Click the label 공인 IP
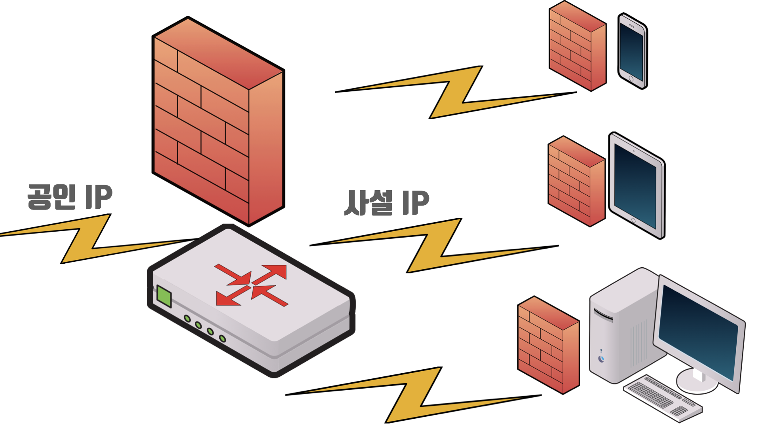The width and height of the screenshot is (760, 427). tap(70, 196)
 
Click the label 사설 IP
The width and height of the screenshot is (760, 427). tap(387, 203)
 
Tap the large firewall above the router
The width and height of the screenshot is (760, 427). tap(218, 121)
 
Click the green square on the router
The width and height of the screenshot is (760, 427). tap(164, 296)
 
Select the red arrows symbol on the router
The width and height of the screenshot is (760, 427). tap(251, 285)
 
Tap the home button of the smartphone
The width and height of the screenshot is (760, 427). tap(631, 79)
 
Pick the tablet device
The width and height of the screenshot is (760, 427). tap(636, 186)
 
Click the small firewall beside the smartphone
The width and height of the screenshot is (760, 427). tap(577, 46)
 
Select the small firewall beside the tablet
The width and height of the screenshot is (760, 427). tap(576, 181)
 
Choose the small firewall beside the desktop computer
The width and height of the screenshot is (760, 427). tap(548, 345)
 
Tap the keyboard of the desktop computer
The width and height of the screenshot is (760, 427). tap(663, 397)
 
